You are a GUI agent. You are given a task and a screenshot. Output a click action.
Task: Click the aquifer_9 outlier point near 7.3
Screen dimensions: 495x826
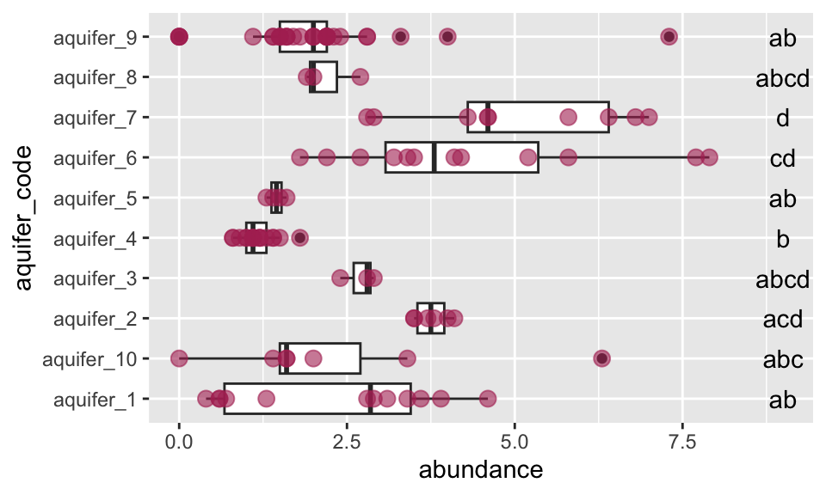pyautogui.click(x=669, y=36)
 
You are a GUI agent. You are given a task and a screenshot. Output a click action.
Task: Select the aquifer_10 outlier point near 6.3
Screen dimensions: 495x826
pyautogui.click(x=602, y=358)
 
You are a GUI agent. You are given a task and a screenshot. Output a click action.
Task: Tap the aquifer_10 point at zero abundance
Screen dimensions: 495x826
pyautogui.click(x=179, y=358)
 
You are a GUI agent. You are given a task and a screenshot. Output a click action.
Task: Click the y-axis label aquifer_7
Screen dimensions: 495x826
pyautogui.click(x=89, y=117)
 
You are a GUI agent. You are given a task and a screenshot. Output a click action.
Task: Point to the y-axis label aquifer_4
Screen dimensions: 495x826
pyautogui.click(x=89, y=238)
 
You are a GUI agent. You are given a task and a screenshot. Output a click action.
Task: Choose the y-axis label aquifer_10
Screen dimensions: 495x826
pyautogui.click(x=86, y=358)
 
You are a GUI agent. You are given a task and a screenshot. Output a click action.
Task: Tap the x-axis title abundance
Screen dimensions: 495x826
pyautogui.click(x=480, y=470)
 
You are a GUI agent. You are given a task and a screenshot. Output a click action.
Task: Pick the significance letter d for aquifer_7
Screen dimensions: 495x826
pyautogui.click(x=782, y=117)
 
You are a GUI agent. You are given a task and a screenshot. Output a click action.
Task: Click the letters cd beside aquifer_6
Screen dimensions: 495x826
pyautogui.click(x=782, y=158)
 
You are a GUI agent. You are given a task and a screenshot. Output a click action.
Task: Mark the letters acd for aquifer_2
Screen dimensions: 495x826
pyautogui.click(x=782, y=320)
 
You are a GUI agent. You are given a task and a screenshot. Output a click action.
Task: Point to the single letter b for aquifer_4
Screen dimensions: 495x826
pyautogui.click(x=782, y=239)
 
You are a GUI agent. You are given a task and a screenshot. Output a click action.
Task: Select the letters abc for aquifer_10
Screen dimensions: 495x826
pyautogui.click(x=782, y=359)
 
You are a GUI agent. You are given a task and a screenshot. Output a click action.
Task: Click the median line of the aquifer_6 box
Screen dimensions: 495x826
pyautogui.click(x=435, y=157)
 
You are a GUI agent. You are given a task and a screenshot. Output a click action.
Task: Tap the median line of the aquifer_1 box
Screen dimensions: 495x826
pyautogui.click(x=370, y=399)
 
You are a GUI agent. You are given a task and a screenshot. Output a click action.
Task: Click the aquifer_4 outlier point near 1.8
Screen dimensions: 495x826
pyautogui.click(x=299, y=237)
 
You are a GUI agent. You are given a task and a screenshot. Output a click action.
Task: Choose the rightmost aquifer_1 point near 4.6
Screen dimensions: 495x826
pyautogui.click(x=487, y=399)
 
